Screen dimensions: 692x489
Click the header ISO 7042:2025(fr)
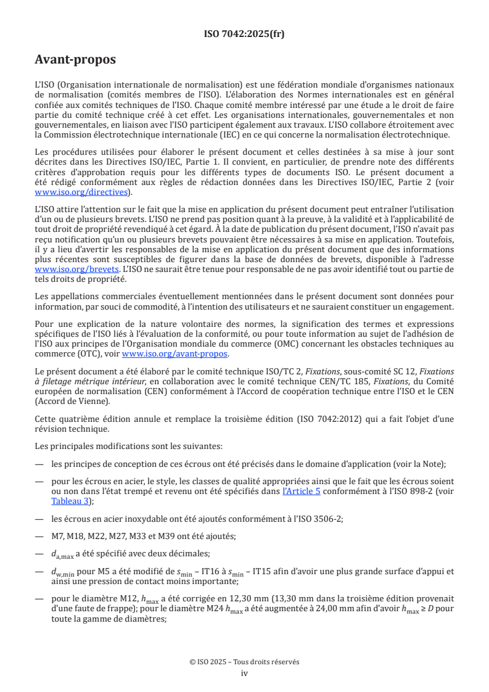(244, 34)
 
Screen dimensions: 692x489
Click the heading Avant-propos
(75, 60)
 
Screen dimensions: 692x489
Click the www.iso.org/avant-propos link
(175, 354)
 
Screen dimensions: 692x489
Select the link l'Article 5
(302, 491)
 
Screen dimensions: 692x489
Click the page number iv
(244, 673)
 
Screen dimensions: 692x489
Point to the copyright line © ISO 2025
(244, 662)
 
